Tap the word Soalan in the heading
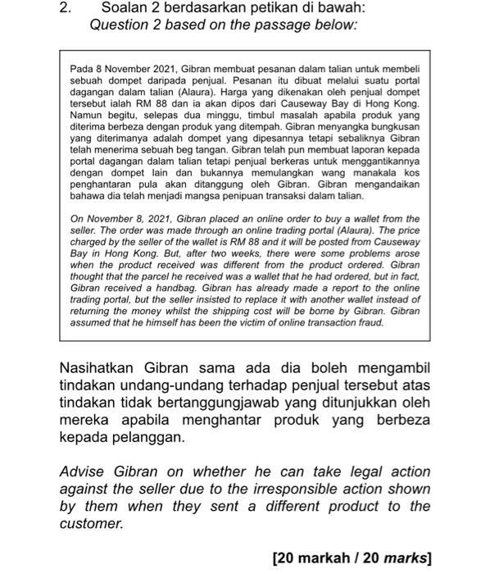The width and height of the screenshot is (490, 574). coord(125,8)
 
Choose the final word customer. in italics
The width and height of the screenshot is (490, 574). coord(91,523)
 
